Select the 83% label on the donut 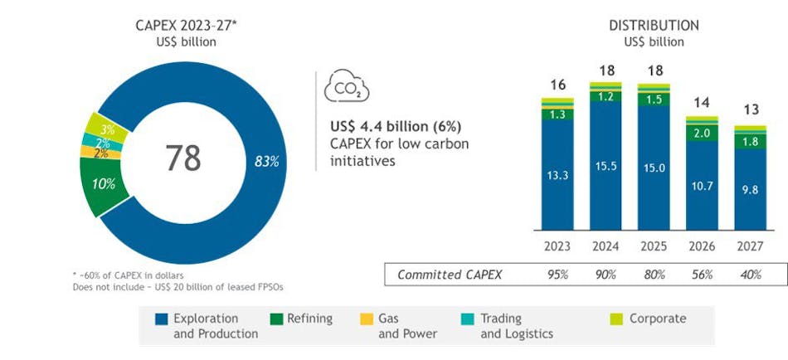266,161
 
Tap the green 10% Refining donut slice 104,183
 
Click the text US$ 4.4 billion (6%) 395,126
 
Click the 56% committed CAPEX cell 703,275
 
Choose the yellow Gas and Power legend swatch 363,319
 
